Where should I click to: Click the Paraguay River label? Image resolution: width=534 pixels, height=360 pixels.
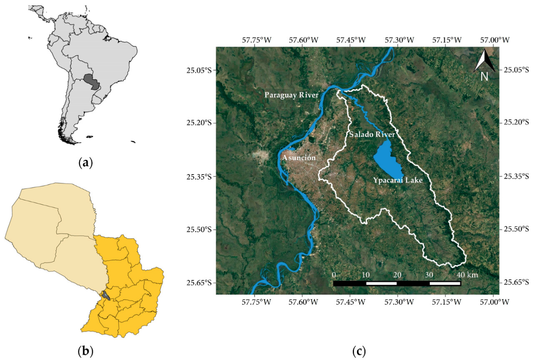point(291,95)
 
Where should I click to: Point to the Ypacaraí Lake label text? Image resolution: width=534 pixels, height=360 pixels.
point(398,180)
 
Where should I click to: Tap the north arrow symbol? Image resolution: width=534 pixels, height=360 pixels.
point(484,62)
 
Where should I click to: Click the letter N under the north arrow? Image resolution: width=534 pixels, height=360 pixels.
point(484,77)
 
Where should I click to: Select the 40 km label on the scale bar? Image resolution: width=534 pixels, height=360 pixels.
point(466,275)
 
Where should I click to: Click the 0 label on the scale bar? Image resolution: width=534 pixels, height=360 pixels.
point(334,275)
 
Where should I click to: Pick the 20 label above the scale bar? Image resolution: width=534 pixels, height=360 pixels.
point(397,275)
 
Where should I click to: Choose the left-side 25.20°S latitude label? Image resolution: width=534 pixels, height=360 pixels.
point(200,123)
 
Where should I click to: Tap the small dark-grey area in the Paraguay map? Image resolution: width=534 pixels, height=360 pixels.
point(107,296)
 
